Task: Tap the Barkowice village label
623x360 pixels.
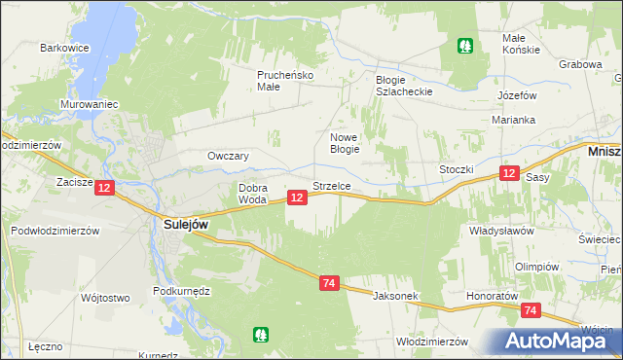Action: pos(64,47)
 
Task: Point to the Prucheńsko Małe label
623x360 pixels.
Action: pos(283,80)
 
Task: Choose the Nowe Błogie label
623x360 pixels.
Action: pos(345,143)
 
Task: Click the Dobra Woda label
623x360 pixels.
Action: pos(252,194)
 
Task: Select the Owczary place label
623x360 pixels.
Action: pos(229,156)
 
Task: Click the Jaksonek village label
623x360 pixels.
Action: pos(395,294)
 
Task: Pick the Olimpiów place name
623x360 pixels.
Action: pos(536,267)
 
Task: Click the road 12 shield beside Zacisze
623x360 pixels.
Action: pos(105,186)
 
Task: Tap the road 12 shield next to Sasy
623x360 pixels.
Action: pos(508,173)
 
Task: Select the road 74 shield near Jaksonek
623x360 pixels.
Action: pos(329,283)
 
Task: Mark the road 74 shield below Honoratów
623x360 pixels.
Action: pos(531,310)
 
